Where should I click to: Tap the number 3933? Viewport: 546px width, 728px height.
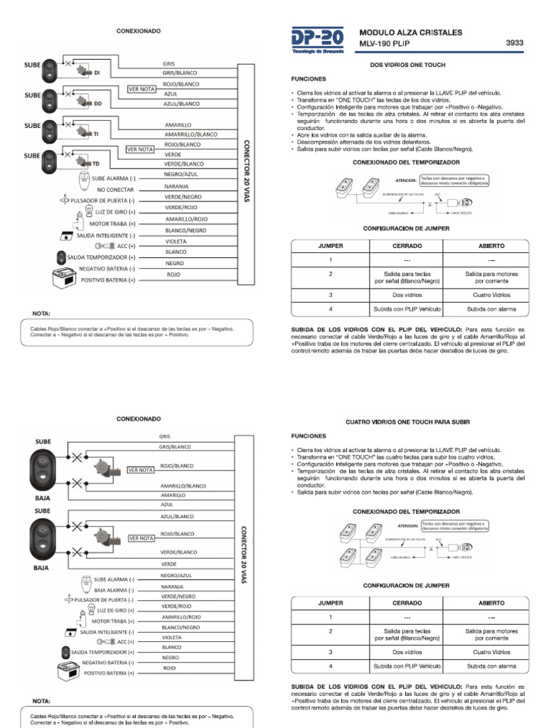[514, 43]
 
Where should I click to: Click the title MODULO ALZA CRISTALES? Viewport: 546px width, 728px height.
[411, 32]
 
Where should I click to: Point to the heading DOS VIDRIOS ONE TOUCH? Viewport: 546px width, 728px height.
[408, 65]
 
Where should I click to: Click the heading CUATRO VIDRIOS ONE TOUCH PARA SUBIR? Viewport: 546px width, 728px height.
[408, 422]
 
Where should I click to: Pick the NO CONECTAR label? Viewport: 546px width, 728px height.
[115, 191]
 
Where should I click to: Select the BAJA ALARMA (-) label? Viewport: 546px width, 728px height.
[109, 589]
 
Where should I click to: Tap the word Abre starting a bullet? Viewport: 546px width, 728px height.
[302, 134]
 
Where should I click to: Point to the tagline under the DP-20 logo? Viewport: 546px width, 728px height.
[318, 52]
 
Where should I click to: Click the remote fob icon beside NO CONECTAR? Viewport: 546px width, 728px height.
[85, 180]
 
